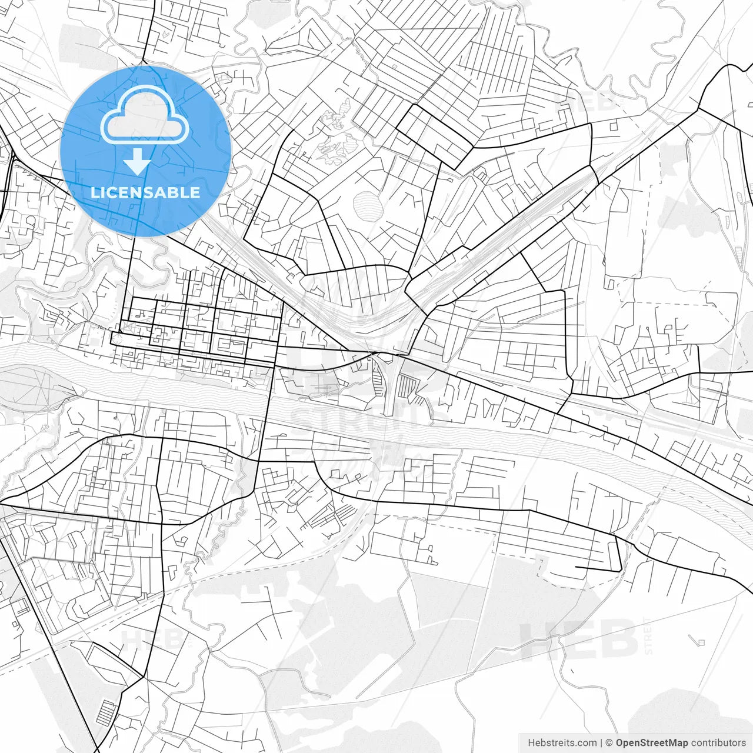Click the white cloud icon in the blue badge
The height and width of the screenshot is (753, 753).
coord(145,115)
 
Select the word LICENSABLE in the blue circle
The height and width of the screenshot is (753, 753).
coord(145,192)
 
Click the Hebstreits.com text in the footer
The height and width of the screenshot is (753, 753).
coord(562,743)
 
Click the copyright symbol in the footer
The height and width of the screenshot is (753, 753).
coord(609,743)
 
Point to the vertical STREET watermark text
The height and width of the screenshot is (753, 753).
coord(648,635)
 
